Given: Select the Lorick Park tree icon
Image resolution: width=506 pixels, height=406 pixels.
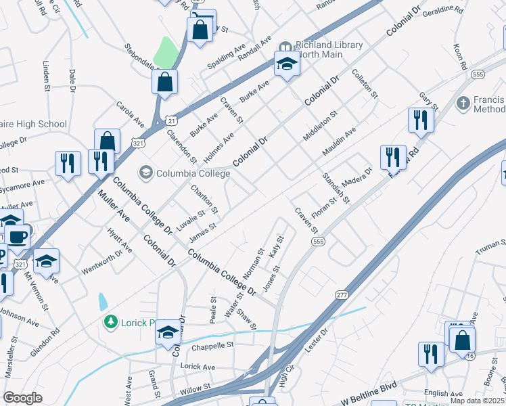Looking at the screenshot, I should pos(110,321).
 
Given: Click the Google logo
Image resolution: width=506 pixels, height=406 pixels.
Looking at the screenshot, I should pos(22,398).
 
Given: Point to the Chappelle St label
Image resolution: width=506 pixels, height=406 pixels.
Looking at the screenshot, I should pos(212,344).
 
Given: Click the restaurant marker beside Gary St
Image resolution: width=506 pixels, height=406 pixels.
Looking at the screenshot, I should pos(420,120).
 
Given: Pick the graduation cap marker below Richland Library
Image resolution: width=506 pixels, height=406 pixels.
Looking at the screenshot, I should pos(287,65).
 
